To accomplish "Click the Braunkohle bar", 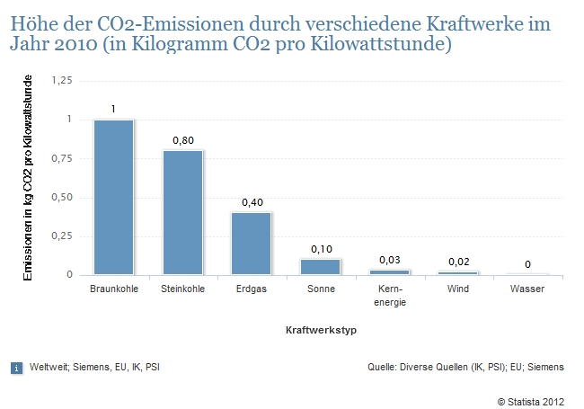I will pos(113,197).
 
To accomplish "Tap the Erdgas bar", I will pos(251,244).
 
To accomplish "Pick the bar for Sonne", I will pos(320,267).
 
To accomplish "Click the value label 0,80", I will pos(182,140).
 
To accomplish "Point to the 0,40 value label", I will pos(252,202).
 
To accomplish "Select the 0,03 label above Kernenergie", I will pos(389,260).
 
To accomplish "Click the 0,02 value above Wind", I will pos(458,262).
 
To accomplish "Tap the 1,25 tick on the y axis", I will pos(61,81).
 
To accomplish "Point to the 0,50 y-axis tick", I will pos(61,198).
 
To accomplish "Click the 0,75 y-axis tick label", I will pos(61,159).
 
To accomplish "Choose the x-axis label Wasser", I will pos(527,289).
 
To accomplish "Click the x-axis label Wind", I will pos(458,289).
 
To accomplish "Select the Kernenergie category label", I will pos(389,296).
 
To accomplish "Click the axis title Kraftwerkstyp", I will pos(320,331).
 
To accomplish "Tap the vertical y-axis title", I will pos(28,178).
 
